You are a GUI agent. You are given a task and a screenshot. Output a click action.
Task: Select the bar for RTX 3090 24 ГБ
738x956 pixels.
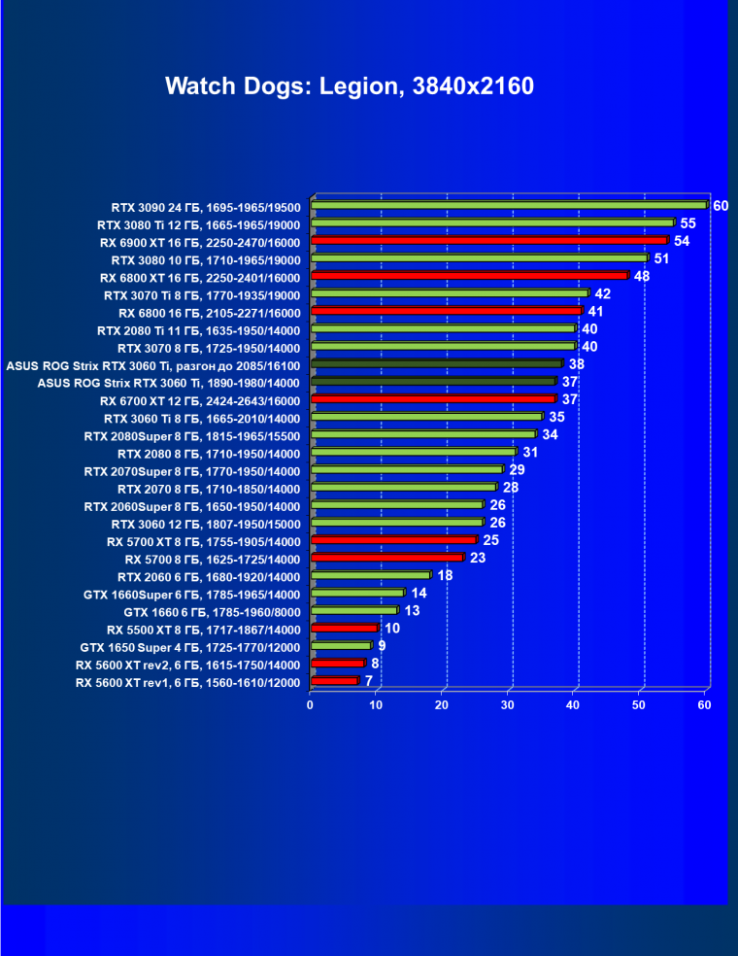(509, 205)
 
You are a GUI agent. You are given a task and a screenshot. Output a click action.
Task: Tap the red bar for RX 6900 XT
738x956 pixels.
(489, 240)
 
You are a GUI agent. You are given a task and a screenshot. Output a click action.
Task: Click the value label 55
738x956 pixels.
(688, 223)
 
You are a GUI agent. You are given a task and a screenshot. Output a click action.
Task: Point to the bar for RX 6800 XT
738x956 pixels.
(470, 276)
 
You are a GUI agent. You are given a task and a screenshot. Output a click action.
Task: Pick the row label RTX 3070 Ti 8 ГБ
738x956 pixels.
(202, 294)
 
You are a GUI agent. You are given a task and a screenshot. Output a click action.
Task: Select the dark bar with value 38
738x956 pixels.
(437, 364)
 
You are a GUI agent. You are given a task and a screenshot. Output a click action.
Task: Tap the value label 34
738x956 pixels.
(550, 434)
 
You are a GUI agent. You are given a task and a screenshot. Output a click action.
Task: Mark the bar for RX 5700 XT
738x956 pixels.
(394, 540)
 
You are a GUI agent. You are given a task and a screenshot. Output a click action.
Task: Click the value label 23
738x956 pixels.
(478, 558)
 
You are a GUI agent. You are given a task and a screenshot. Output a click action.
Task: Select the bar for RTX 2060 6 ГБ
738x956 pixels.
(371, 575)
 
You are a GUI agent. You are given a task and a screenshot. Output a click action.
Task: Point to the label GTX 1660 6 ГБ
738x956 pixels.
(212, 612)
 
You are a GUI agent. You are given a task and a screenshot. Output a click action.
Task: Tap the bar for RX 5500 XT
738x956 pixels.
(345, 629)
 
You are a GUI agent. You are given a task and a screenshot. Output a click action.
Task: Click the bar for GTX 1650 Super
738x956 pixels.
(341, 646)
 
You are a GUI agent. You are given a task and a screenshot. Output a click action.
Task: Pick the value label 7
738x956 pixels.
(369, 681)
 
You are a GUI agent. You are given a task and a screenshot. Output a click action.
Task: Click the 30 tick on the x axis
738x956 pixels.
(508, 704)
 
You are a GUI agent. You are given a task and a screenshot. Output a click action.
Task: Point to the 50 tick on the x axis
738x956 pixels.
(640, 704)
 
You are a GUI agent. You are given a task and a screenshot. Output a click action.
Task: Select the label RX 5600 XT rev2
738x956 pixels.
(187, 665)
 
